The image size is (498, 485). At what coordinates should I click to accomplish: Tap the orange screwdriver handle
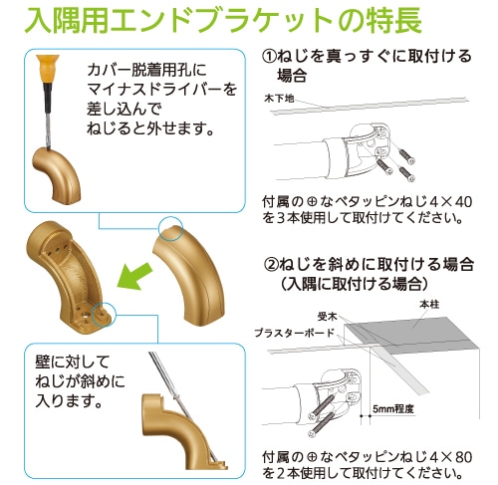(x=48, y=69)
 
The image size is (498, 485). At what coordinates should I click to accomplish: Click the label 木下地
(x=279, y=99)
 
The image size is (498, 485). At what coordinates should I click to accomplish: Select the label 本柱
(x=429, y=305)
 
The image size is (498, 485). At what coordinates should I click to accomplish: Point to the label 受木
(x=328, y=317)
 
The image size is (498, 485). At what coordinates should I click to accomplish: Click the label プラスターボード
(x=294, y=333)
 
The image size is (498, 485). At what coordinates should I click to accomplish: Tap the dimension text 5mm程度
(x=393, y=409)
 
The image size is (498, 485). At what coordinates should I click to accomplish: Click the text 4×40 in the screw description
(x=450, y=202)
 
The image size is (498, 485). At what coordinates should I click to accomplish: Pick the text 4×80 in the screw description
(x=450, y=457)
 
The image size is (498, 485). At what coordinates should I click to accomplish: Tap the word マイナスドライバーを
(x=162, y=90)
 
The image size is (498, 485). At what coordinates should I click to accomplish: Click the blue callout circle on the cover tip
(x=170, y=229)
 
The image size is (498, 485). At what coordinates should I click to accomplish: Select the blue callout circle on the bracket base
(x=104, y=314)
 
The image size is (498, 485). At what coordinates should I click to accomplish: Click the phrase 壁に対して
(x=73, y=362)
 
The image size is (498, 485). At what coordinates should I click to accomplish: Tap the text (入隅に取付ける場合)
(x=354, y=284)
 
